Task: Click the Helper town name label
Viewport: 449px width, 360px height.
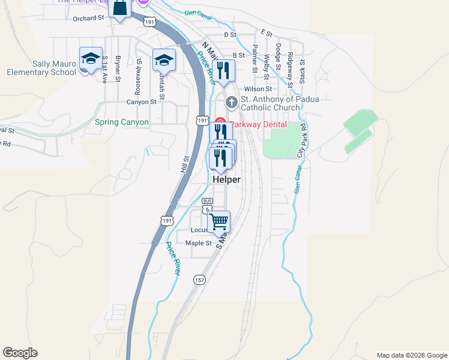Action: click(x=226, y=179)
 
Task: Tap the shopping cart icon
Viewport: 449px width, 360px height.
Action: click(x=219, y=221)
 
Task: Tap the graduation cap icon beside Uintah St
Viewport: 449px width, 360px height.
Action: click(x=163, y=59)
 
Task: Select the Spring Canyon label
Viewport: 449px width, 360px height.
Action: click(x=121, y=122)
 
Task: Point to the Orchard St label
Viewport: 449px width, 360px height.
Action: click(x=88, y=18)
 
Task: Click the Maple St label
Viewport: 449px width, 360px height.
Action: click(x=199, y=243)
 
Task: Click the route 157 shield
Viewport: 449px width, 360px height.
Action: click(x=200, y=280)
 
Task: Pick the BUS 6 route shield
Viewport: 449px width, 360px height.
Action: click(x=207, y=205)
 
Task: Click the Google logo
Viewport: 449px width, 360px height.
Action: click(x=20, y=353)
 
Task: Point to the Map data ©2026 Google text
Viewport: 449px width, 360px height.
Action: click(x=412, y=355)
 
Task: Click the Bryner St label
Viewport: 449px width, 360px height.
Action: click(x=118, y=69)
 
